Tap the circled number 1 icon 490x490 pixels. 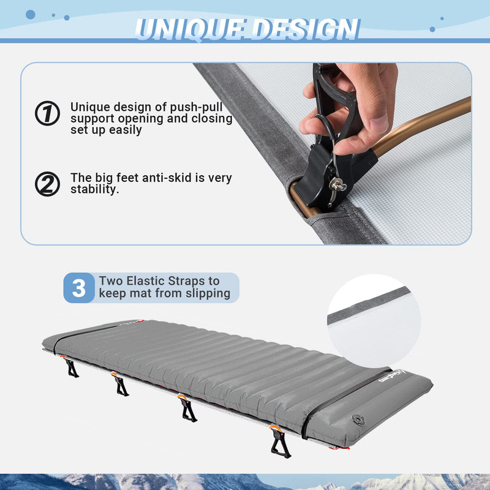point(47,113)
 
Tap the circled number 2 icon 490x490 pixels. point(47,184)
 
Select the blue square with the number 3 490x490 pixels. point(79,288)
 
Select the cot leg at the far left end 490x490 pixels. point(72,368)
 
